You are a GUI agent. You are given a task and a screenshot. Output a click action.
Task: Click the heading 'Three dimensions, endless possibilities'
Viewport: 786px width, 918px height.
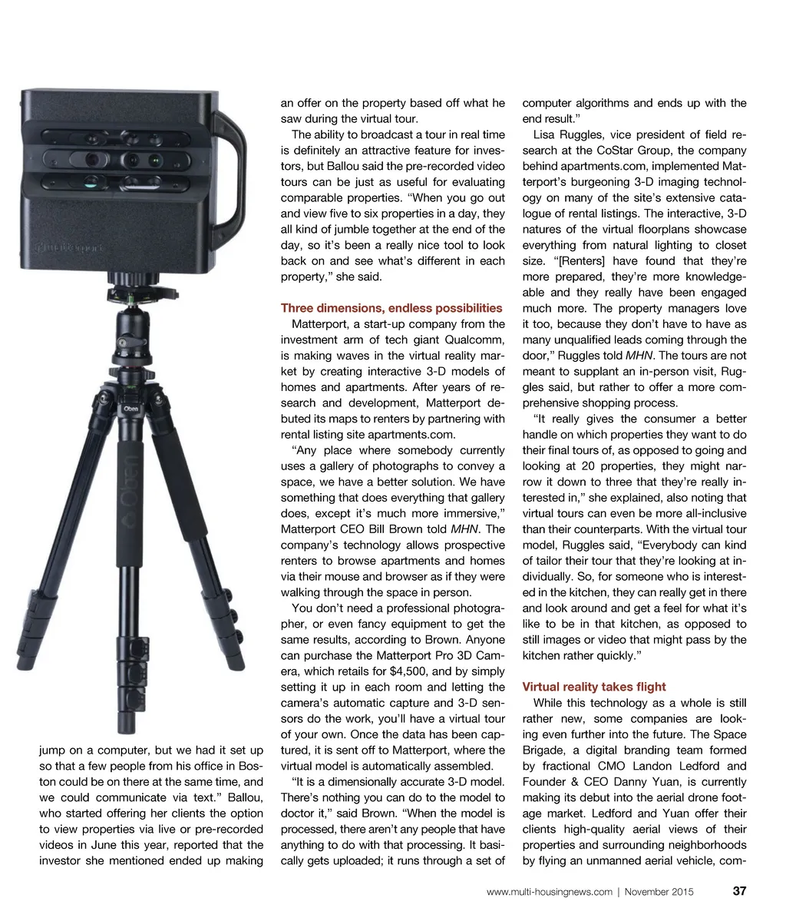tap(391, 308)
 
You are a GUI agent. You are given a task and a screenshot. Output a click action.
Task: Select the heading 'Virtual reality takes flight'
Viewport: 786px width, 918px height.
tap(594, 687)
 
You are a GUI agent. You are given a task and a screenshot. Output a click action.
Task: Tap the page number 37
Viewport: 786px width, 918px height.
tap(739, 891)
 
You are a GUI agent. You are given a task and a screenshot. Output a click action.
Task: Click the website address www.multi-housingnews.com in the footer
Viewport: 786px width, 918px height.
tap(550, 892)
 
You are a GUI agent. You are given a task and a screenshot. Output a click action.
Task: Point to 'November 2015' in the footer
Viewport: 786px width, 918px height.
tap(659, 892)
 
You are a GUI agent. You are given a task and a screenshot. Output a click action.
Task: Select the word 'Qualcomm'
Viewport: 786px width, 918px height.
tap(476, 340)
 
